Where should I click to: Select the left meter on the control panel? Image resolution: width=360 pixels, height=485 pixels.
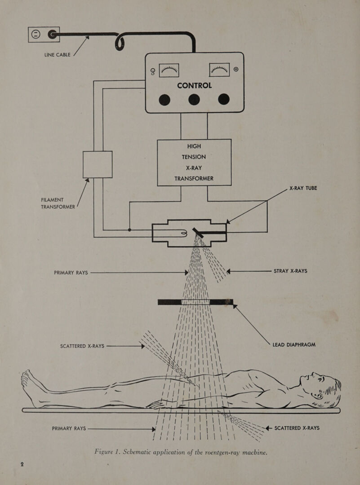(x=169, y=70)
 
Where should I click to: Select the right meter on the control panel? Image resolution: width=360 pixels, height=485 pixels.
(x=219, y=70)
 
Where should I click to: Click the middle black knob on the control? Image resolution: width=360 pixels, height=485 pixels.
(x=194, y=99)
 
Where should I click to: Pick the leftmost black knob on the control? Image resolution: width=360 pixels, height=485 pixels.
(x=164, y=100)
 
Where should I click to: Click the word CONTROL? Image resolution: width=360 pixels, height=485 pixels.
(x=195, y=85)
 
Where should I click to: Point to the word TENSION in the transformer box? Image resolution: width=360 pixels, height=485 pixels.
(x=194, y=157)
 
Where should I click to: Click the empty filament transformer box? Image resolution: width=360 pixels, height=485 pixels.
(x=98, y=164)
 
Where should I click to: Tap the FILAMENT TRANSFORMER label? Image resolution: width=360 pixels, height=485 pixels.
(x=58, y=203)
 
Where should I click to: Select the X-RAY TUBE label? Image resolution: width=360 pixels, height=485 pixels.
(x=303, y=188)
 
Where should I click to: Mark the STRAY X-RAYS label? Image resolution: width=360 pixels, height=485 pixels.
(x=290, y=271)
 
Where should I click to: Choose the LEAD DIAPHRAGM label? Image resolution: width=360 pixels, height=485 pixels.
(x=294, y=344)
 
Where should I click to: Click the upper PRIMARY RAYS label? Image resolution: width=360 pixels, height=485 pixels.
(x=71, y=273)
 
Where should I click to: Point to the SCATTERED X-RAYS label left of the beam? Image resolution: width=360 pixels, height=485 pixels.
(x=82, y=346)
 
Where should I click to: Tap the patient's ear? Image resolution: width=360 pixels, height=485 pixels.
(x=317, y=395)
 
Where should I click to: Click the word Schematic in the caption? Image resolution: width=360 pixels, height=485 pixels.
(x=138, y=452)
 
